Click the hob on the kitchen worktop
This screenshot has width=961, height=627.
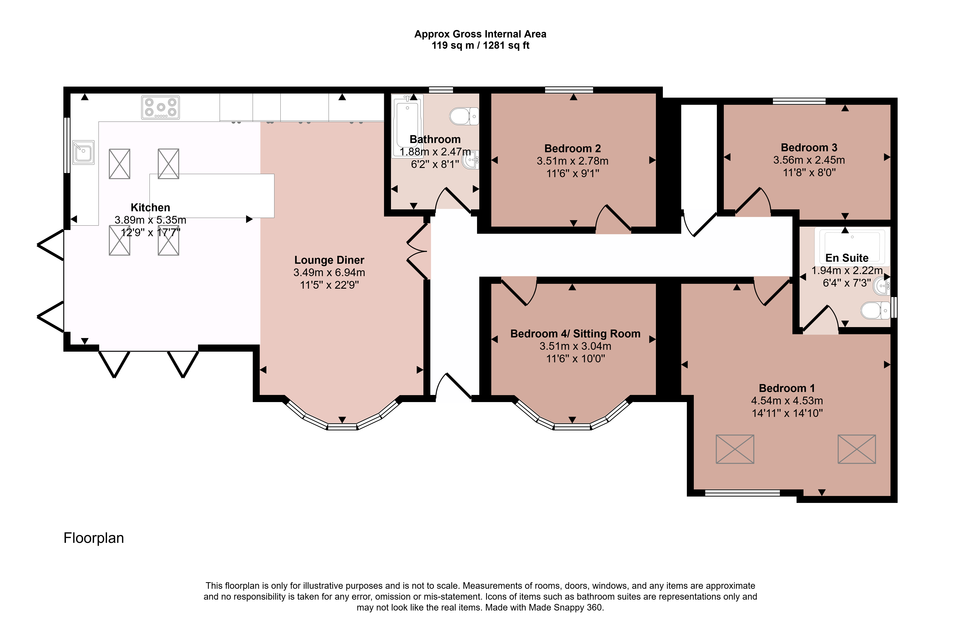[x=160, y=107]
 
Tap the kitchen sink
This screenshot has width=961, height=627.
[x=83, y=152]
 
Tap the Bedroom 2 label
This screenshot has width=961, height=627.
[x=572, y=149]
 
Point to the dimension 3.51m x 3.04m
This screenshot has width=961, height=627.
[x=575, y=346]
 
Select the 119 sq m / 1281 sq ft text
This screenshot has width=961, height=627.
[x=480, y=45]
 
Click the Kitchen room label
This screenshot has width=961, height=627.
[x=150, y=208]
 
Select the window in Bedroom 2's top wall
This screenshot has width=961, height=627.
[x=569, y=90]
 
